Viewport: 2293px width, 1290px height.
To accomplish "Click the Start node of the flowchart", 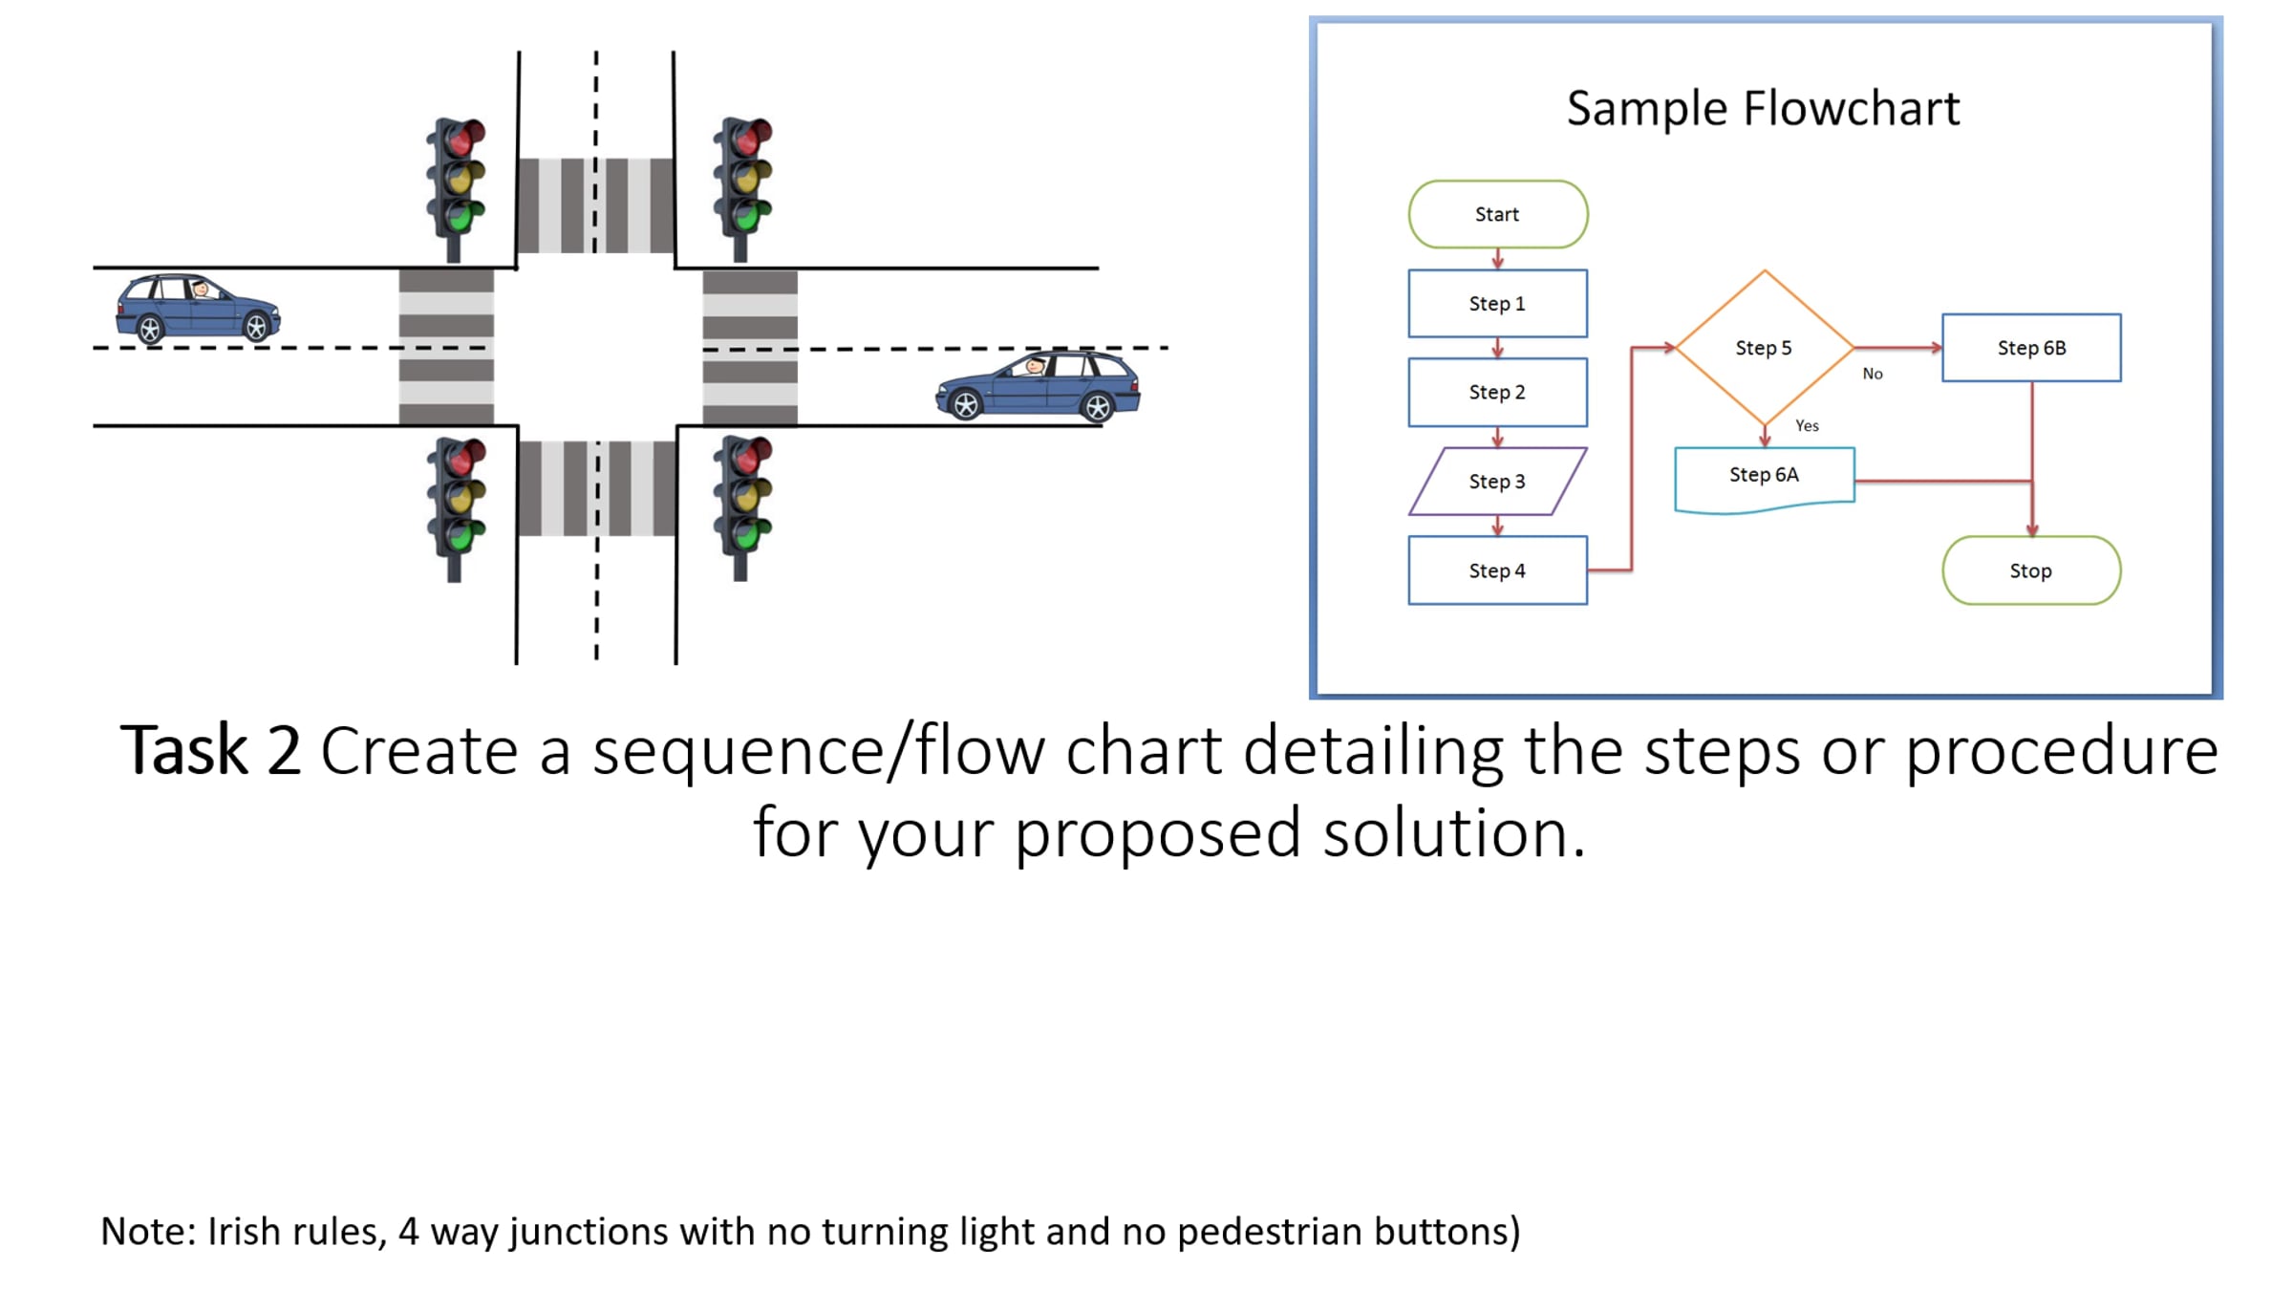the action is pos(1497,214).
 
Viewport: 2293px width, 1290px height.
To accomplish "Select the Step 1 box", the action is pos(1497,303).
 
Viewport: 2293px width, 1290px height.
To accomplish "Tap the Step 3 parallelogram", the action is pos(1497,481).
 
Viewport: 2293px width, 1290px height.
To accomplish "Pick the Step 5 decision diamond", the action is pos(1764,347).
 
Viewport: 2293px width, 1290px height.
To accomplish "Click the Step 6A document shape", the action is pos(1764,478).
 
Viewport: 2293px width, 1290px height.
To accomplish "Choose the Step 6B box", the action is pos(2031,347).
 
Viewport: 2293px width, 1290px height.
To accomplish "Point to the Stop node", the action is pos(2031,570).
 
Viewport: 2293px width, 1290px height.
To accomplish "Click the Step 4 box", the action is pos(1497,570).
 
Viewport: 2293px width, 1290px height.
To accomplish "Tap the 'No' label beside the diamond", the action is pos(1873,374).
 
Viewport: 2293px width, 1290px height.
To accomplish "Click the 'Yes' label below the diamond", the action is pos(1807,425).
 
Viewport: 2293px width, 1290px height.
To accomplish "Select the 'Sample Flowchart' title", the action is pos(1763,108).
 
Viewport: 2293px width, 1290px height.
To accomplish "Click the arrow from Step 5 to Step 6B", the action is pos(1898,347).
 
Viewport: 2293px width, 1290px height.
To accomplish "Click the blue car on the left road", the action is pos(198,308).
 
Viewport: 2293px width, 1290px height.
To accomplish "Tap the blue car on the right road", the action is pos(1038,386).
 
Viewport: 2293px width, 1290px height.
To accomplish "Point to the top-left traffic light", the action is pos(456,188).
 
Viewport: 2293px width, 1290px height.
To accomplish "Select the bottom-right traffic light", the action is pos(742,507).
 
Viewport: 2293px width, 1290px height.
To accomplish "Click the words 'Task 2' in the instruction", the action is pos(210,751).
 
